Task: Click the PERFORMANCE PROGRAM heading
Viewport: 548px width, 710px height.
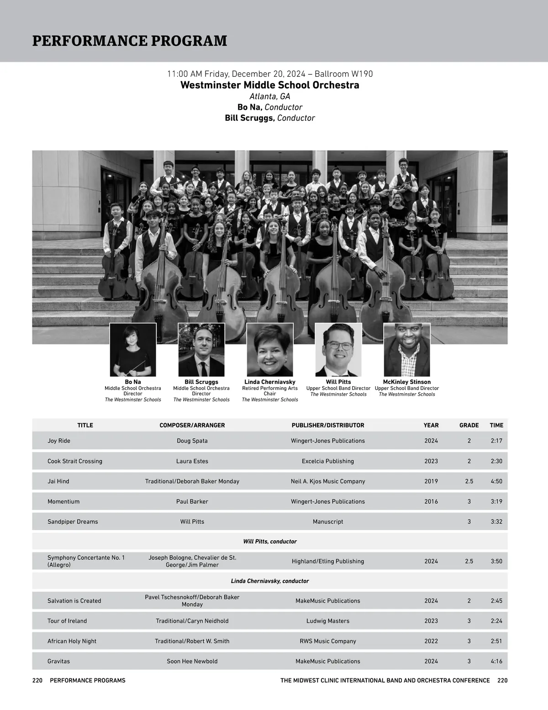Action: point(130,41)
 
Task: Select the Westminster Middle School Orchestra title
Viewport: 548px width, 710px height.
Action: point(270,85)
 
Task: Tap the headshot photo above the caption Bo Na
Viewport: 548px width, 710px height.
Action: point(133,350)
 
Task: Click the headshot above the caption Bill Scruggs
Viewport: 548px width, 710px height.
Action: point(201,350)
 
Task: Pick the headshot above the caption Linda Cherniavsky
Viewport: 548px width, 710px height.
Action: point(270,350)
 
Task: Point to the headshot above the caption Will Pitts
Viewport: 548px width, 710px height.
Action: point(338,350)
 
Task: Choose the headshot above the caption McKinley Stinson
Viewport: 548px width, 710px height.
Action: point(407,350)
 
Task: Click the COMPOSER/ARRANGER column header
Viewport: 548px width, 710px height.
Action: point(192,425)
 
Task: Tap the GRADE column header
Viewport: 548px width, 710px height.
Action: point(469,425)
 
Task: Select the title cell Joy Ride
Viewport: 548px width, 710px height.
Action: point(59,441)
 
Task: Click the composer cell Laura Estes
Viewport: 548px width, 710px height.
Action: point(192,461)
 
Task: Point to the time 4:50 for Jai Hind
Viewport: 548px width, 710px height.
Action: point(496,481)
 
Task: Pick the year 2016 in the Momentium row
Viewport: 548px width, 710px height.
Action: point(431,502)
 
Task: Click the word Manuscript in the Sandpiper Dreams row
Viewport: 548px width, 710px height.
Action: point(328,522)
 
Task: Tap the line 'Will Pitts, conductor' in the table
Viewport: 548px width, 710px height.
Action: point(270,541)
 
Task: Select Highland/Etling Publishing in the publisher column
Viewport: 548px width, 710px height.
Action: point(328,561)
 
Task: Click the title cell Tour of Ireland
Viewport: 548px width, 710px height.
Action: point(67,621)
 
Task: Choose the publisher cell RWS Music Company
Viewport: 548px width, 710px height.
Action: point(328,641)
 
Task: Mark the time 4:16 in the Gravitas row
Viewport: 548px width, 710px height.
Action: point(496,661)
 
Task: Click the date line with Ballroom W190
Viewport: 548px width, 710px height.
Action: point(270,74)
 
